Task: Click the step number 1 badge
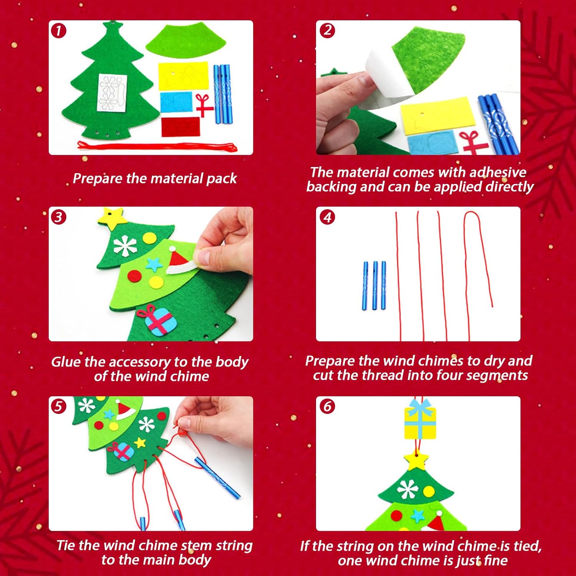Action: pyautogui.click(x=58, y=31)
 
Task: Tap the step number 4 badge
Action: pyautogui.click(x=327, y=217)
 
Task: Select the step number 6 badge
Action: pyautogui.click(x=327, y=406)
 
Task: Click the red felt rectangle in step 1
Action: pyautogui.click(x=180, y=127)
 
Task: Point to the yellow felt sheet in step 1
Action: pyautogui.click(x=183, y=76)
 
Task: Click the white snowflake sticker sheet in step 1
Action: pyautogui.click(x=113, y=93)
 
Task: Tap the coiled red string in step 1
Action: pyautogui.click(x=157, y=146)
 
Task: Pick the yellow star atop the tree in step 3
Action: pyautogui.click(x=112, y=217)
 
